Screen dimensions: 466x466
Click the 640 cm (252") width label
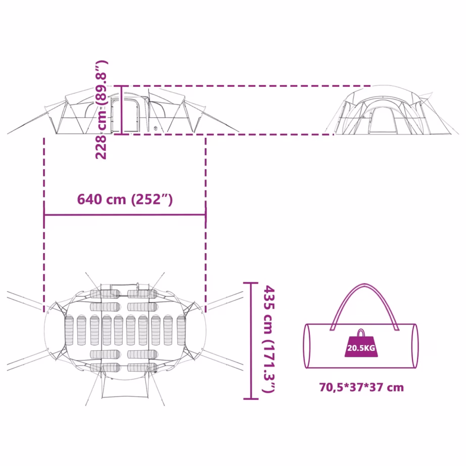(x=125, y=199)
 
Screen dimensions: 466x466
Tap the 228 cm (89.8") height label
(x=102, y=110)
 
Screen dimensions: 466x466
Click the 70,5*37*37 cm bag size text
(x=361, y=387)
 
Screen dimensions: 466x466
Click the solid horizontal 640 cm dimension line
(x=125, y=215)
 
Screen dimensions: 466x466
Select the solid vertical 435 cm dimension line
(x=251, y=341)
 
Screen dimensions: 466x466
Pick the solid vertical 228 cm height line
(x=121, y=110)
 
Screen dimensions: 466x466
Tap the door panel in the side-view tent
(x=125, y=115)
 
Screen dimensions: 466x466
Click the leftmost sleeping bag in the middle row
(x=69, y=331)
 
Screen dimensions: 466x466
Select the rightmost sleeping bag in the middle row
(x=181, y=331)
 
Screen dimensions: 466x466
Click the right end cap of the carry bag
(x=415, y=346)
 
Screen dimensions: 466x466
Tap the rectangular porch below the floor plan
(x=125, y=386)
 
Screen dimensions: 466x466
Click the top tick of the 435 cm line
(x=251, y=283)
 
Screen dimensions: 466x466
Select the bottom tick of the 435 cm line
(x=251, y=399)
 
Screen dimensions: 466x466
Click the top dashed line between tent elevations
(x=247, y=86)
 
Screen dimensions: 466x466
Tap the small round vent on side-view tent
(x=155, y=128)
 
